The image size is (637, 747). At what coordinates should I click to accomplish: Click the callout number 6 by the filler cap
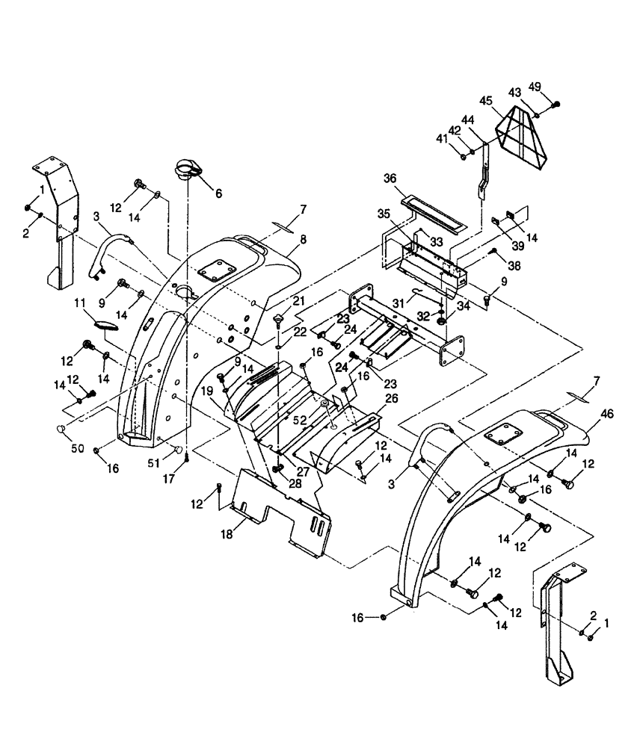tap(218, 193)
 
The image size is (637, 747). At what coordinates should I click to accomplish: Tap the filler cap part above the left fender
tap(190, 169)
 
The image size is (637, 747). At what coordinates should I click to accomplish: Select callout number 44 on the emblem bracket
tap(468, 120)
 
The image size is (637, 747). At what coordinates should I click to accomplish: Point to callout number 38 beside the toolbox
tap(514, 264)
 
